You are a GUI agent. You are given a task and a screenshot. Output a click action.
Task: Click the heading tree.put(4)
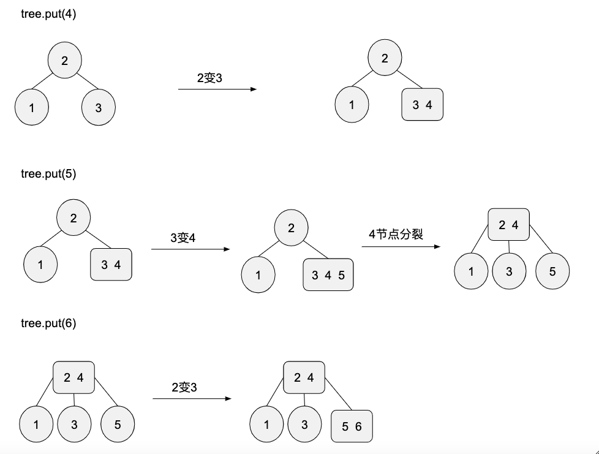click(48, 14)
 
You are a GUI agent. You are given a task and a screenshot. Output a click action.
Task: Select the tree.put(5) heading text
click(48, 173)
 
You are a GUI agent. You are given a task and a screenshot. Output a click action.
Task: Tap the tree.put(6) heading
click(48, 323)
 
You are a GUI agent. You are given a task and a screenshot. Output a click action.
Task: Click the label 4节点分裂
click(396, 234)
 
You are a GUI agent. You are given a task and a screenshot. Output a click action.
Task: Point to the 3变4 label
click(183, 237)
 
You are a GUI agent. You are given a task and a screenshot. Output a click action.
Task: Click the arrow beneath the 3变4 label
click(190, 249)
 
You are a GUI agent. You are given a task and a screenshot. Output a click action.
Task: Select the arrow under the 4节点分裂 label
click(401, 247)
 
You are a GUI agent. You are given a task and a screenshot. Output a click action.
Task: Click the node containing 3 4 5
click(328, 274)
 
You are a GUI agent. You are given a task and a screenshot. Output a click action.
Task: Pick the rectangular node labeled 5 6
click(352, 426)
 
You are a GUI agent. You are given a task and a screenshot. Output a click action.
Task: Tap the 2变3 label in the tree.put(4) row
click(209, 77)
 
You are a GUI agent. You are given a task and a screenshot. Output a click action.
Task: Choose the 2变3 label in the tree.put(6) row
click(184, 387)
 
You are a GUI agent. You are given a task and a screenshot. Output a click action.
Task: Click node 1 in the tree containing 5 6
click(266, 425)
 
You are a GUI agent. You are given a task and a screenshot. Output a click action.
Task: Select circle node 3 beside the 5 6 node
click(304, 425)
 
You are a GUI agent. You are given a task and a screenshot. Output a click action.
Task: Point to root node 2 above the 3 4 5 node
click(291, 228)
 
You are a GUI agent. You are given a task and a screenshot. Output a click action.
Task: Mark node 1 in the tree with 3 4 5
click(258, 274)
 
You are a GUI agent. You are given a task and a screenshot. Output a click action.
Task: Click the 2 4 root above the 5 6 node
click(303, 377)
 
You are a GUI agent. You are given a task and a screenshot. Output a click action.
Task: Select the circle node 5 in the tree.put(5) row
click(552, 271)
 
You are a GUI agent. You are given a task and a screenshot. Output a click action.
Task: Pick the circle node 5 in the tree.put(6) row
click(118, 424)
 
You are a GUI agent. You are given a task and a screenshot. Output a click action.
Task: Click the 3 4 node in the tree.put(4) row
click(422, 105)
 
